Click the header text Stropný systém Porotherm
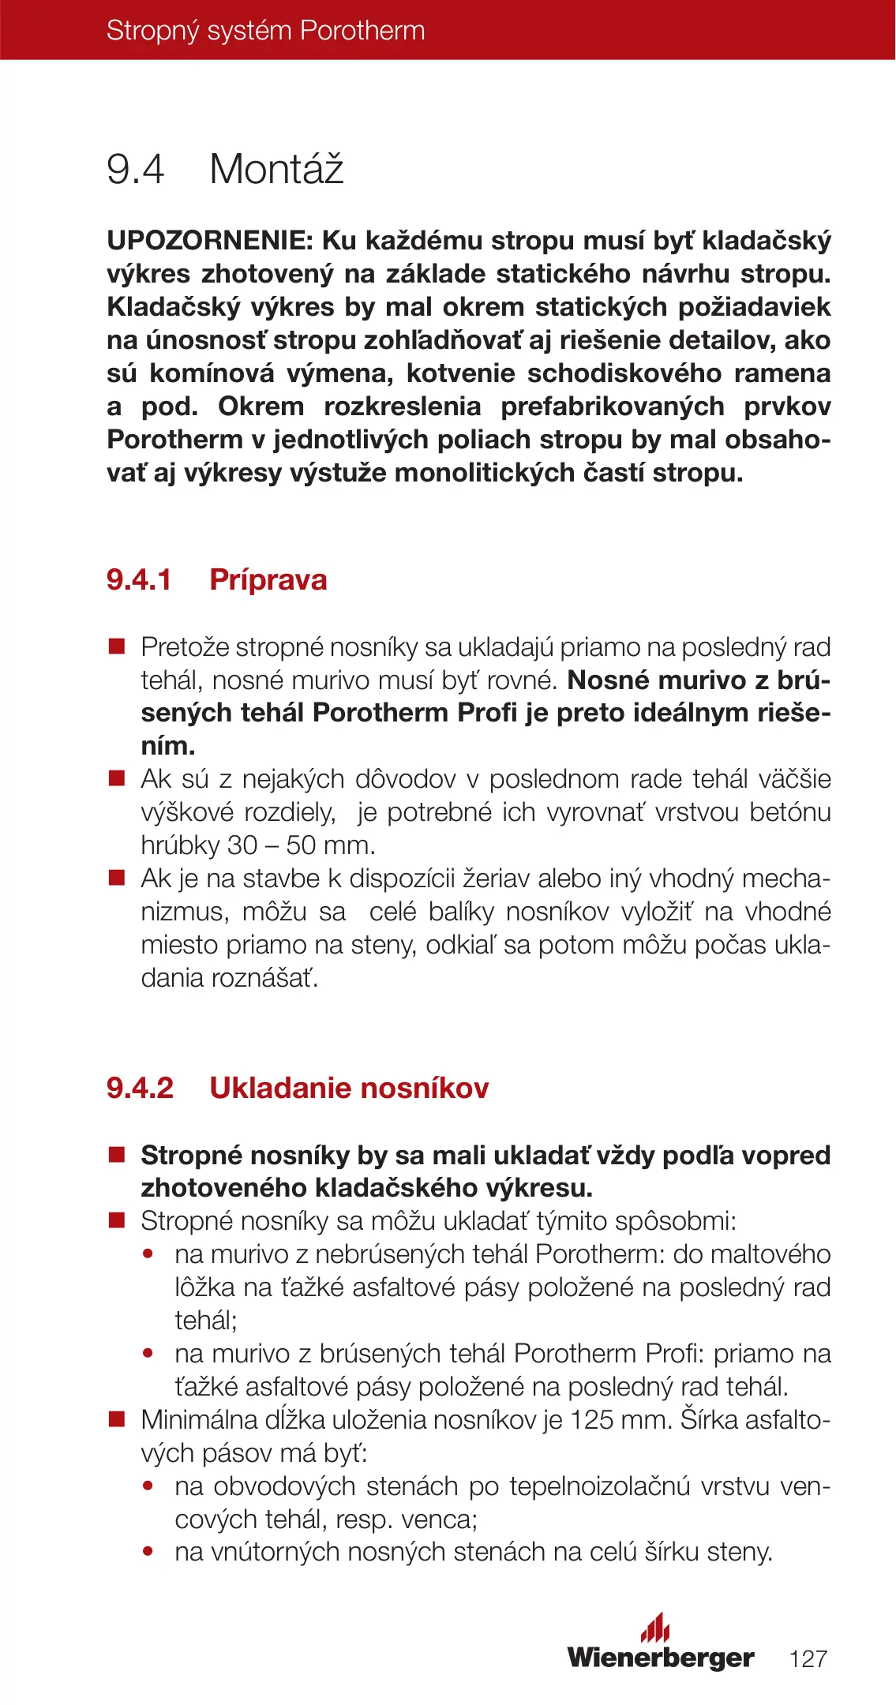coord(265,31)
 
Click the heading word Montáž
coord(276,169)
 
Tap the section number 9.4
coord(135,170)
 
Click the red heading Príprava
coord(268,580)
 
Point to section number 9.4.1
coord(139,580)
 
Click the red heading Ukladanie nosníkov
coord(349,1089)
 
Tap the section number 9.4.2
coord(140,1089)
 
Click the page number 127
coord(808,1658)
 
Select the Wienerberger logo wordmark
coord(661,1657)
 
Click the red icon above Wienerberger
coord(655,1627)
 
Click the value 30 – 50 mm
coord(301,845)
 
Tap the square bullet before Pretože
coord(117,647)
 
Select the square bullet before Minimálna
coord(117,1420)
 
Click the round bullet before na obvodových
coord(148,1486)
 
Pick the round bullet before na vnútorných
coord(148,1552)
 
